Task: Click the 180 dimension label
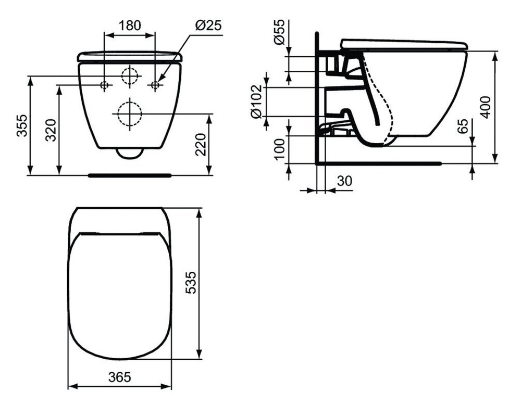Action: tap(130, 25)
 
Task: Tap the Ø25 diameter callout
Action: tap(208, 25)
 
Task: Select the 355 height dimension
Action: tap(22, 126)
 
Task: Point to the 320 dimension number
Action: tap(51, 130)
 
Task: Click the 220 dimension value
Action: tap(201, 144)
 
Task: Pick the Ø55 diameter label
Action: tap(279, 32)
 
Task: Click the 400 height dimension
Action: tap(486, 107)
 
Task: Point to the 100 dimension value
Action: tap(280, 149)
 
